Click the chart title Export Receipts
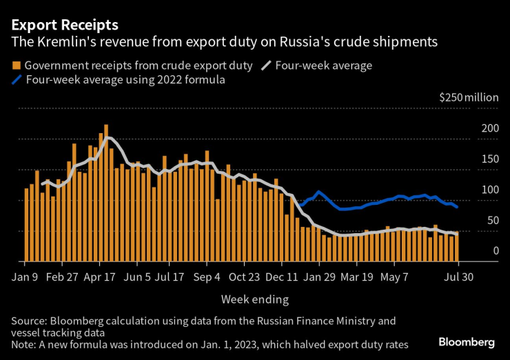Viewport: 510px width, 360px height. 64,25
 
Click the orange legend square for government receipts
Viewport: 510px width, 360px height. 15,66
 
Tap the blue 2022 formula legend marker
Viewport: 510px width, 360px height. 17,81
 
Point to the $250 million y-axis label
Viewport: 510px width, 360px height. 469,97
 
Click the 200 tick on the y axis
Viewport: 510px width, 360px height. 490,128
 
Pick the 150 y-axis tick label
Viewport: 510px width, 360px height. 490,159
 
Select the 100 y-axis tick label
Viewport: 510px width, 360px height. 490,190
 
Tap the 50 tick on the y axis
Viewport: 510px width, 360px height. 492,221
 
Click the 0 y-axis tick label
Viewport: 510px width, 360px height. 495,251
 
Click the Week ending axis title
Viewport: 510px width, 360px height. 254,299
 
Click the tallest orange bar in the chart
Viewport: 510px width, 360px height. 105,193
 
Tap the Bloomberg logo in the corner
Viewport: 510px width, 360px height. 467,342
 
